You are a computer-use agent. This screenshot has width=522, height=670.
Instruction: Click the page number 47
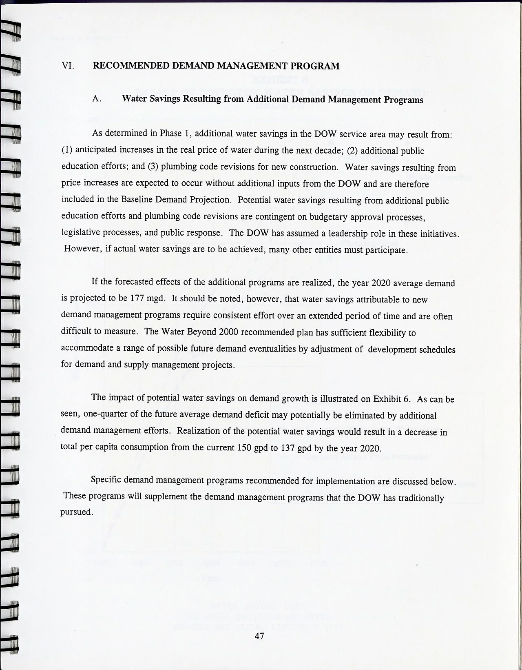[259, 636]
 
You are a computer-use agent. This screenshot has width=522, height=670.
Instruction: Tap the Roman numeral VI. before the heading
[68, 66]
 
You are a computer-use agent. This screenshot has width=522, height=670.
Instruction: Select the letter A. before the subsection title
[97, 98]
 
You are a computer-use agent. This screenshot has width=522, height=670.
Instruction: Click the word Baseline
[138, 199]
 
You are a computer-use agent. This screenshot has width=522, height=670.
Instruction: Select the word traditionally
[422, 498]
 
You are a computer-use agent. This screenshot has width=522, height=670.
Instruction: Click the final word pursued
[76, 512]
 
